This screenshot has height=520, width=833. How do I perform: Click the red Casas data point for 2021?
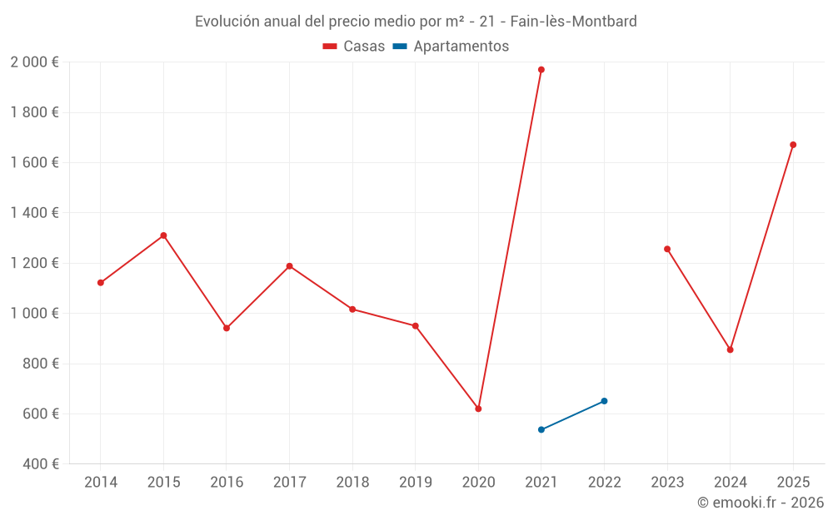pyautogui.click(x=541, y=70)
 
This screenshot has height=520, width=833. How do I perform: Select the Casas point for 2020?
pyautogui.click(x=478, y=409)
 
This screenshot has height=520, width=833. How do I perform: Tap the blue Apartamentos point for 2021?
pyautogui.click(x=541, y=429)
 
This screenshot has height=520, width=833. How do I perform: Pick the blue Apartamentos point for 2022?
pyautogui.click(x=604, y=401)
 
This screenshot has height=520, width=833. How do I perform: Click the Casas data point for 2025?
pyautogui.click(x=793, y=145)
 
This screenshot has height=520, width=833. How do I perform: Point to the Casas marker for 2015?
pyautogui.click(x=163, y=235)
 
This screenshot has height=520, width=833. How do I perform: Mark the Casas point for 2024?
pyautogui.click(x=730, y=349)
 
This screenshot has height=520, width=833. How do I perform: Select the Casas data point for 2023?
pyautogui.click(x=667, y=249)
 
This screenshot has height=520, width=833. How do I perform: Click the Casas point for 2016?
pyautogui.click(x=227, y=328)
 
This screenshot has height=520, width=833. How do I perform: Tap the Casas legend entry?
pyautogui.click(x=354, y=47)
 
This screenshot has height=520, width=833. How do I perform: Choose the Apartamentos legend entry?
pyautogui.click(x=451, y=47)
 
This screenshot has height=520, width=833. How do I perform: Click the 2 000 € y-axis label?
pyautogui.click(x=34, y=62)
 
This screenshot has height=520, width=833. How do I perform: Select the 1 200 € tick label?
pyautogui.click(x=34, y=263)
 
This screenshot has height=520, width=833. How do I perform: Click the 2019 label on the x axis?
pyautogui.click(x=415, y=483)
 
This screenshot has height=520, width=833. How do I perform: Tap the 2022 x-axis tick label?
pyautogui.click(x=604, y=483)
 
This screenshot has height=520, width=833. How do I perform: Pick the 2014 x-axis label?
pyautogui.click(x=101, y=483)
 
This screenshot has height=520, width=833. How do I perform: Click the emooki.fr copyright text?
pyautogui.click(x=761, y=503)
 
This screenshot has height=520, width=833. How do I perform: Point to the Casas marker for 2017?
pyautogui.click(x=289, y=266)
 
